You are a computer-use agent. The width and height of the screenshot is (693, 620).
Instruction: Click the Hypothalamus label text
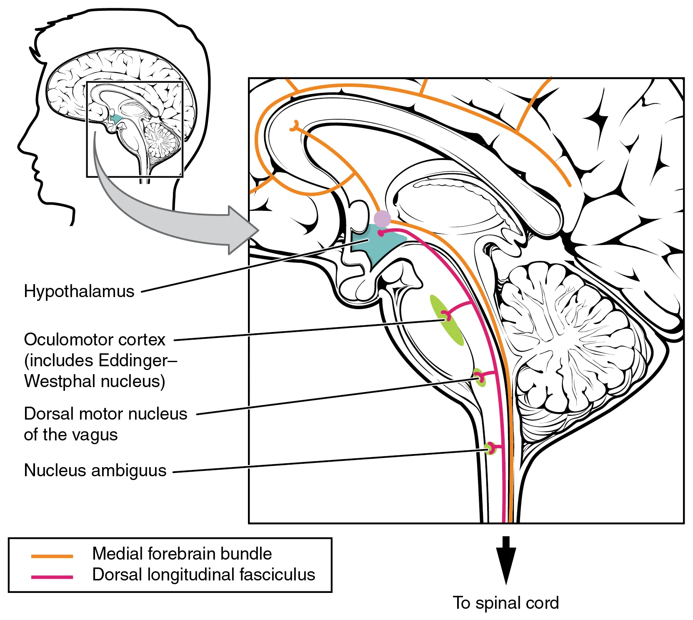79,291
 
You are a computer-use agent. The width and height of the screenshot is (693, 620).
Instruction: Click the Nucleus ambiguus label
95,470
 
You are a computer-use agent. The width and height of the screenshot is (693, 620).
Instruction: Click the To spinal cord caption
505,603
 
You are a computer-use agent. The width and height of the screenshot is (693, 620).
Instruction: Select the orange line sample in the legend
52,556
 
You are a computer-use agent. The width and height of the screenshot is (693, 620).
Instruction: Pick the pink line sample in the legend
52,577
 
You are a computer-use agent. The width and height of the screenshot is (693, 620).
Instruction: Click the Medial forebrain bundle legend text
182,554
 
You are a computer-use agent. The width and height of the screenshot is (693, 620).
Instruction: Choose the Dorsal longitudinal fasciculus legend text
203,575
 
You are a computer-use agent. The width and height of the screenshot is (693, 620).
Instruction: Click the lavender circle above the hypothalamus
382,219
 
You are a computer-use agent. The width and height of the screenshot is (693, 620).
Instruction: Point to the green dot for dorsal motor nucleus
479,377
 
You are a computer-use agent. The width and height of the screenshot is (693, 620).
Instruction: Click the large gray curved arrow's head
244,230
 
